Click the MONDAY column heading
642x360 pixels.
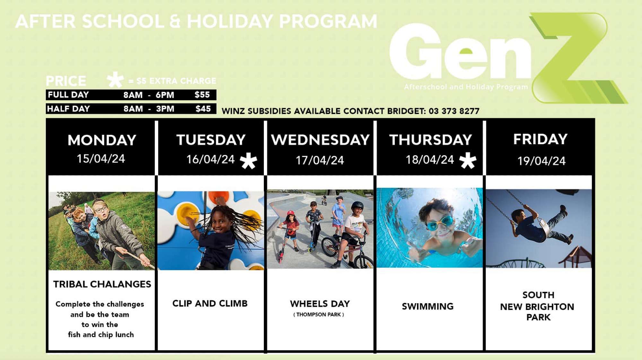click(102, 140)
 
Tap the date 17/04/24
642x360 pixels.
click(320, 160)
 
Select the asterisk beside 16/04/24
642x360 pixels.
click(249, 161)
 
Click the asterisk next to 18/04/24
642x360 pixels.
click(468, 160)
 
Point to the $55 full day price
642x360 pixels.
click(202, 95)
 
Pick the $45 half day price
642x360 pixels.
click(203, 109)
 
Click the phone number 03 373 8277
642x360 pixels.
click(454, 111)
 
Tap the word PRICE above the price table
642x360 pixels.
click(66, 81)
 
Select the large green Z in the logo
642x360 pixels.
click(578, 58)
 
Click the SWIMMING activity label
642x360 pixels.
click(428, 306)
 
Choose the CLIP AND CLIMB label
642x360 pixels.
click(210, 303)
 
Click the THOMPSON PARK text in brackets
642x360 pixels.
click(318, 315)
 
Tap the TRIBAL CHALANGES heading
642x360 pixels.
click(102, 284)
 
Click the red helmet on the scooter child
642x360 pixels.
click(291, 214)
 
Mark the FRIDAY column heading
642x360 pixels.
click(540, 139)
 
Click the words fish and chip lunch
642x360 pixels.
click(101, 335)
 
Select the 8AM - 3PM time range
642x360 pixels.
click(149, 109)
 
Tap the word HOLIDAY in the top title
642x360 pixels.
click(230, 22)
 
